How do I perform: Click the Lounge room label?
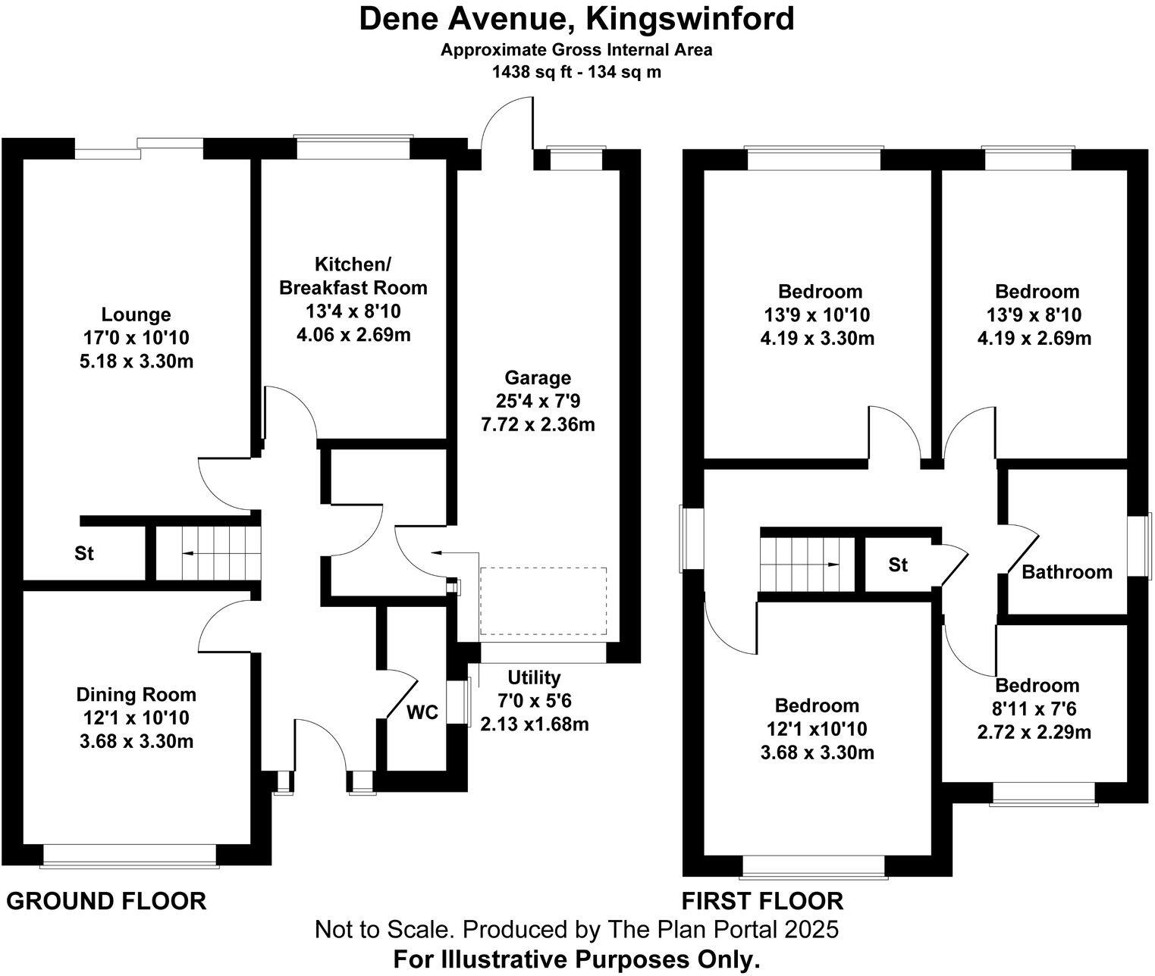[136, 314]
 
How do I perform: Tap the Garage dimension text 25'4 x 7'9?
[538, 401]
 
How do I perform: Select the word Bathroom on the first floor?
[1066, 572]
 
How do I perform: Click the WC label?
[422, 713]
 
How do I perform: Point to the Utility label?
[534, 677]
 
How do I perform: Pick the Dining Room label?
[136, 695]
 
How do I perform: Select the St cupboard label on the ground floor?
[84, 554]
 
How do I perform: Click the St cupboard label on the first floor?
[898, 565]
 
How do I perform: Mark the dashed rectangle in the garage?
[544, 601]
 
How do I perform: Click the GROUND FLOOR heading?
[106, 901]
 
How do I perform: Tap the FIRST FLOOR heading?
[762, 901]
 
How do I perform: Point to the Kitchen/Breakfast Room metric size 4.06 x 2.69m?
[353, 334]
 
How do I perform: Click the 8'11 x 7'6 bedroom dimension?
[1036, 709]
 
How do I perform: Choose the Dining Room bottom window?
[130, 855]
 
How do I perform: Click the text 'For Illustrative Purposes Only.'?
[576, 959]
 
